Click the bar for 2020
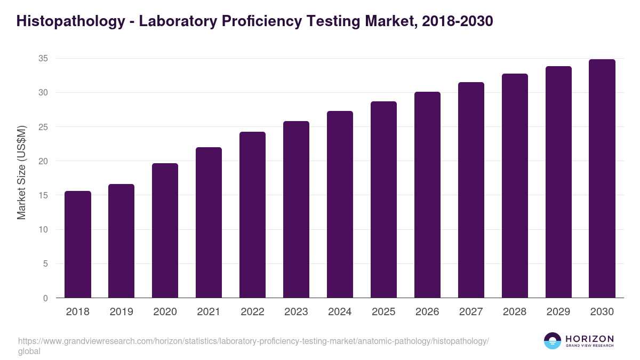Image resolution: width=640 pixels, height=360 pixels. [165, 230]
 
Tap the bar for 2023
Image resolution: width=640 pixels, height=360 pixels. [296, 210]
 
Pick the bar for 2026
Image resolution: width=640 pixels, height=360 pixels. [427, 195]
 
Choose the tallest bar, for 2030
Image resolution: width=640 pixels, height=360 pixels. [602, 179]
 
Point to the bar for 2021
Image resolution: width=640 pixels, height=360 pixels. [209, 222]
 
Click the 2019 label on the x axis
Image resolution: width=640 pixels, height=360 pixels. [122, 312]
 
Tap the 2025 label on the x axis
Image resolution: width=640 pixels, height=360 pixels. [383, 312]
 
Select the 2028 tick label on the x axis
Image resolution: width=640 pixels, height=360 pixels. [515, 312]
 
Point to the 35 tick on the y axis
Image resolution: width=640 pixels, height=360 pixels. [43, 59]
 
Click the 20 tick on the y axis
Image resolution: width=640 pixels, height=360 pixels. [43, 161]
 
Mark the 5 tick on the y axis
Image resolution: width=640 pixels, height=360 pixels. [45, 264]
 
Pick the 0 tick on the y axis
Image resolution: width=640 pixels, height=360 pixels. [45, 298]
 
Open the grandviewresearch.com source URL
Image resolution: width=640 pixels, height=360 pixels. [253, 341]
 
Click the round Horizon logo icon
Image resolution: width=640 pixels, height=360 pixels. [553, 341]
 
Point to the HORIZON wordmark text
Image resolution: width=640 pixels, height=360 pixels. [589, 339]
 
